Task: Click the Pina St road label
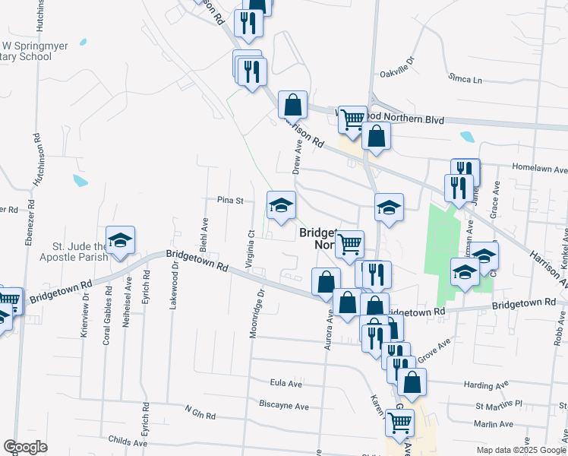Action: (x=229, y=201)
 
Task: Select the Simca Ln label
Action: (x=465, y=78)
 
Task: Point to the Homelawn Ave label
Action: (x=540, y=169)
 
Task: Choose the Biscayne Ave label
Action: (x=283, y=406)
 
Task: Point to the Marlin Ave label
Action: (x=494, y=425)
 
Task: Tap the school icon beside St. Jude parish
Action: (x=120, y=241)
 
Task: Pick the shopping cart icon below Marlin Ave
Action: (x=399, y=423)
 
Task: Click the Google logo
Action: (x=25, y=447)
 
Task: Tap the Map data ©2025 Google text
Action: (x=521, y=450)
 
